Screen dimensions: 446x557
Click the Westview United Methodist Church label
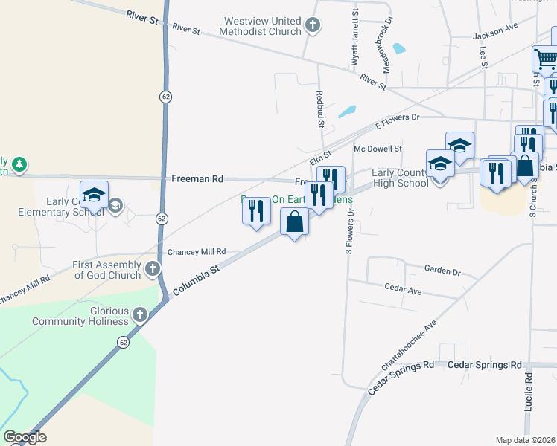pyautogui.click(x=260, y=27)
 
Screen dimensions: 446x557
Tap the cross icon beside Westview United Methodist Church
pyautogui.click(x=313, y=26)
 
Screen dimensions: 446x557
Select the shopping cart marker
pyautogui.click(x=546, y=59)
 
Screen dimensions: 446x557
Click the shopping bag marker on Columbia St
pyautogui.click(x=295, y=222)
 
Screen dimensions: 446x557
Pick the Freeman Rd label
pyautogui.click(x=197, y=179)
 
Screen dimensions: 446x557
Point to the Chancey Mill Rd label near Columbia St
pyautogui.click(x=197, y=253)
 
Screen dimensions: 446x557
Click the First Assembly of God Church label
pyautogui.click(x=106, y=270)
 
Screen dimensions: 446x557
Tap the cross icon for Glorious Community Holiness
pyautogui.click(x=139, y=316)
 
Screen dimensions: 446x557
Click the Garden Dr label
pyautogui.click(x=442, y=271)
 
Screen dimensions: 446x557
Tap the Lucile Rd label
pyautogui.click(x=529, y=392)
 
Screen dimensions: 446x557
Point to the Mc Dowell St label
pyautogui.click(x=378, y=149)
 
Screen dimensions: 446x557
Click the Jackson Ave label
pyautogui.click(x=494, y=35)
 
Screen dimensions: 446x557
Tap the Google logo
pyautogui.click(x=25, y=437)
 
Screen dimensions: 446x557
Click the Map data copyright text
pyautogui.click(x=525, y=440)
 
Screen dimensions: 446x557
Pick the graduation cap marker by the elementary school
pyautogui.click(x=95, y=195)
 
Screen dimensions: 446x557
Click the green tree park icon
pyautogui.click(x=20, y=164)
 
